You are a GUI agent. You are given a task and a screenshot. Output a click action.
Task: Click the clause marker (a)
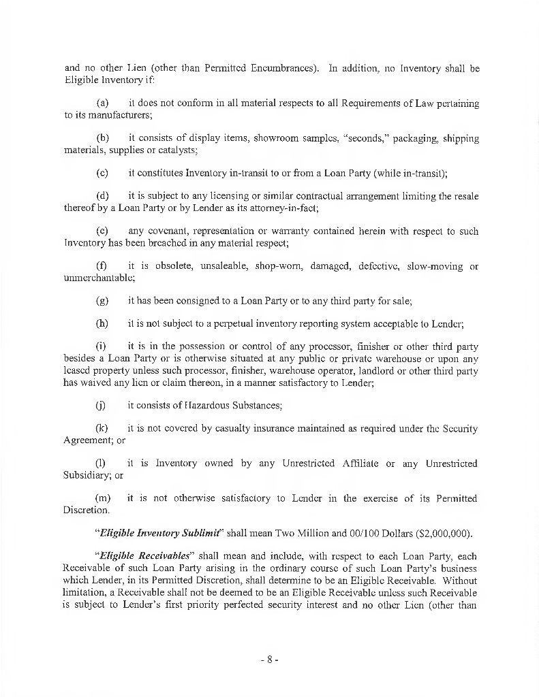coord(103,103)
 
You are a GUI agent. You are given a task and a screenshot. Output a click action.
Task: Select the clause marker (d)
coord(103,197)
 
